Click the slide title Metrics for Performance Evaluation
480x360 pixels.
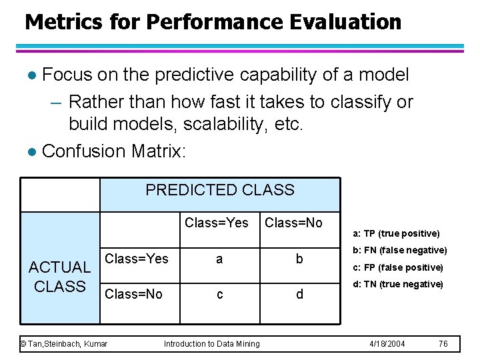click(213, 22)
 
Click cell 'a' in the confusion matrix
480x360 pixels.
click(219, 259)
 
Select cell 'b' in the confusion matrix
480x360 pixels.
click(299, 259)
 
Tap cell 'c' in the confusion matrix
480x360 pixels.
click(219, 294)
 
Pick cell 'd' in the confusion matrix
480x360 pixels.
click(299, 294)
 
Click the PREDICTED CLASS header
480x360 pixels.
click(219, 190)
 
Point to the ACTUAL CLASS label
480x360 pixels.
click(60, 277)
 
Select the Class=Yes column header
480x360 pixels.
click(216, 223)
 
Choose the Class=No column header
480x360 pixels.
click(293, 223)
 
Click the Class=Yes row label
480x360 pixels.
click(137, 259)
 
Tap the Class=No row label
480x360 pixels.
click(134, 294)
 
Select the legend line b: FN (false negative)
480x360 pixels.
click(399, 251)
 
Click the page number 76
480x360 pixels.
click(443, 344)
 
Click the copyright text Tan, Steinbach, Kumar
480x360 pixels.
click(64, 344)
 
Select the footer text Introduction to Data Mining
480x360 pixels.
click(211, 344)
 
